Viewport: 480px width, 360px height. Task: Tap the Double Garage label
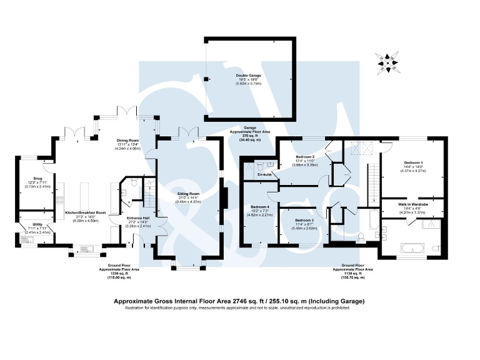pyautogui.click(x=248, y=75)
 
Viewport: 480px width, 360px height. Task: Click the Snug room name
pyautogui.click(x=29, y=177)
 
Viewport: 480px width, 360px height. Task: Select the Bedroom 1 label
pyautogui.click(x=413, y=162)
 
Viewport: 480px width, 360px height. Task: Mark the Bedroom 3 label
pyautogui.click(x=304, y=221)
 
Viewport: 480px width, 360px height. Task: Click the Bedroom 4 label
pyautogui.click(x=259, y=207)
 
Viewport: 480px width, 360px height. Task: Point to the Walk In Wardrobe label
pyautogui.click(x=413, y=204)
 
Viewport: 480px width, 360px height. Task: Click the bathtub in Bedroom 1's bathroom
pyautogui.click(x=407, y=248)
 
